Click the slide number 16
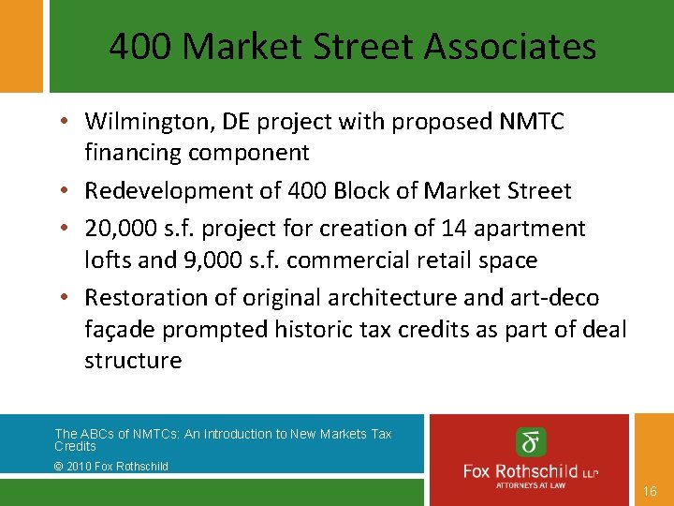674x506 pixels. tap(651, 491)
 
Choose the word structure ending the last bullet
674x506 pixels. tap(133, 362)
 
